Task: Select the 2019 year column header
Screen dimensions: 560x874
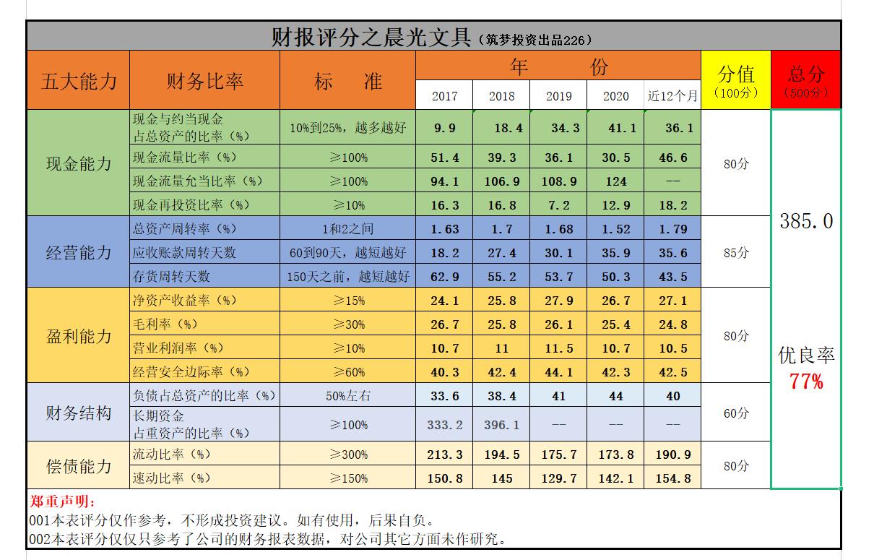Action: (558, 96)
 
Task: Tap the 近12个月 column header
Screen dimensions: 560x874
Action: (672, 96)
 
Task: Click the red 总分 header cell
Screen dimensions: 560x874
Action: (806, 79)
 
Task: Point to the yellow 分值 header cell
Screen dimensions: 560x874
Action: (735, 79)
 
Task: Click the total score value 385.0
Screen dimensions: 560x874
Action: (806, 221)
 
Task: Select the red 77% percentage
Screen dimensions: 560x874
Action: (806, 382)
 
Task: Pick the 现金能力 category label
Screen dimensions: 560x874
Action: (79, 163)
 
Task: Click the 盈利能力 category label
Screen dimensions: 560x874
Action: (79, 336)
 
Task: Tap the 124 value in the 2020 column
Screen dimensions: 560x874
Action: (615, 181)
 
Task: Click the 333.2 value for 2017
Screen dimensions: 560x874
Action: (444, 425)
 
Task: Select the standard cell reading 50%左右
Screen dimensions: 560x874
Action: (347, 395)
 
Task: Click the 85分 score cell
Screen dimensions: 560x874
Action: (735, 253)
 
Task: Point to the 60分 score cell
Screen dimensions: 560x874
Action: (735, 413)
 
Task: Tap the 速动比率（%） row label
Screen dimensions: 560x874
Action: (172, 478)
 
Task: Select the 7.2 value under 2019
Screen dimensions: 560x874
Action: (558, 205)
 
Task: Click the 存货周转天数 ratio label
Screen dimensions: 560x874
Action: (171, 277)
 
